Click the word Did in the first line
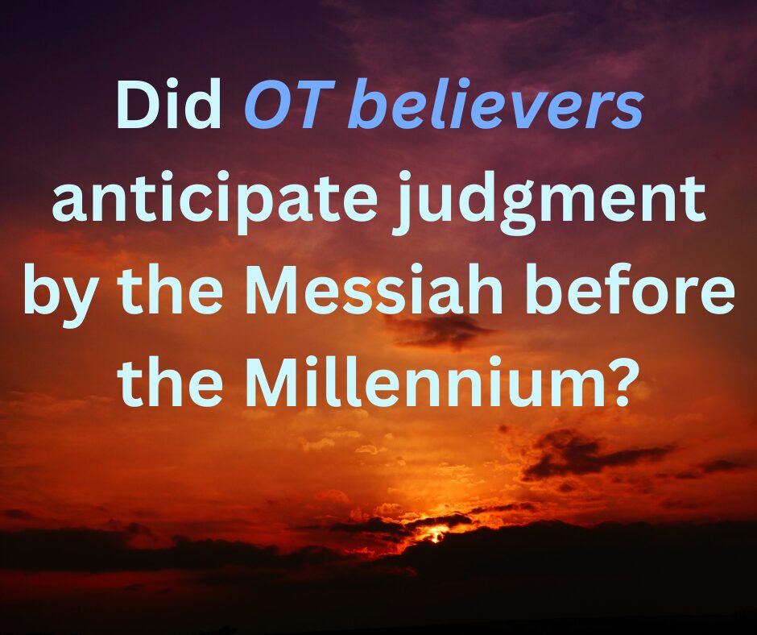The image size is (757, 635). [168, 106]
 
